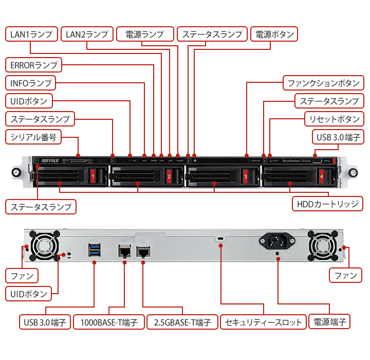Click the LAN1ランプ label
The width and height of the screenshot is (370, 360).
pos(31,34)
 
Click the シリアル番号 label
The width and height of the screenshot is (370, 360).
pos(33,137)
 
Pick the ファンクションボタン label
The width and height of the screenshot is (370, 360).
pos(323,83)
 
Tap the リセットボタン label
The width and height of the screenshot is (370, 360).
pos(335,119)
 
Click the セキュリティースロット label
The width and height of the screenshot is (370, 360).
pos(264,322)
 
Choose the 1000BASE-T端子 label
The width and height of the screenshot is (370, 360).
pos(108,322)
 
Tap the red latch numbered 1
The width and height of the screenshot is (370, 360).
pos(93,176)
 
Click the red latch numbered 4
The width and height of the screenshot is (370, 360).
pos(321,176)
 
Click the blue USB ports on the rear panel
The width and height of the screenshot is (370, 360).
pos(95,250)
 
